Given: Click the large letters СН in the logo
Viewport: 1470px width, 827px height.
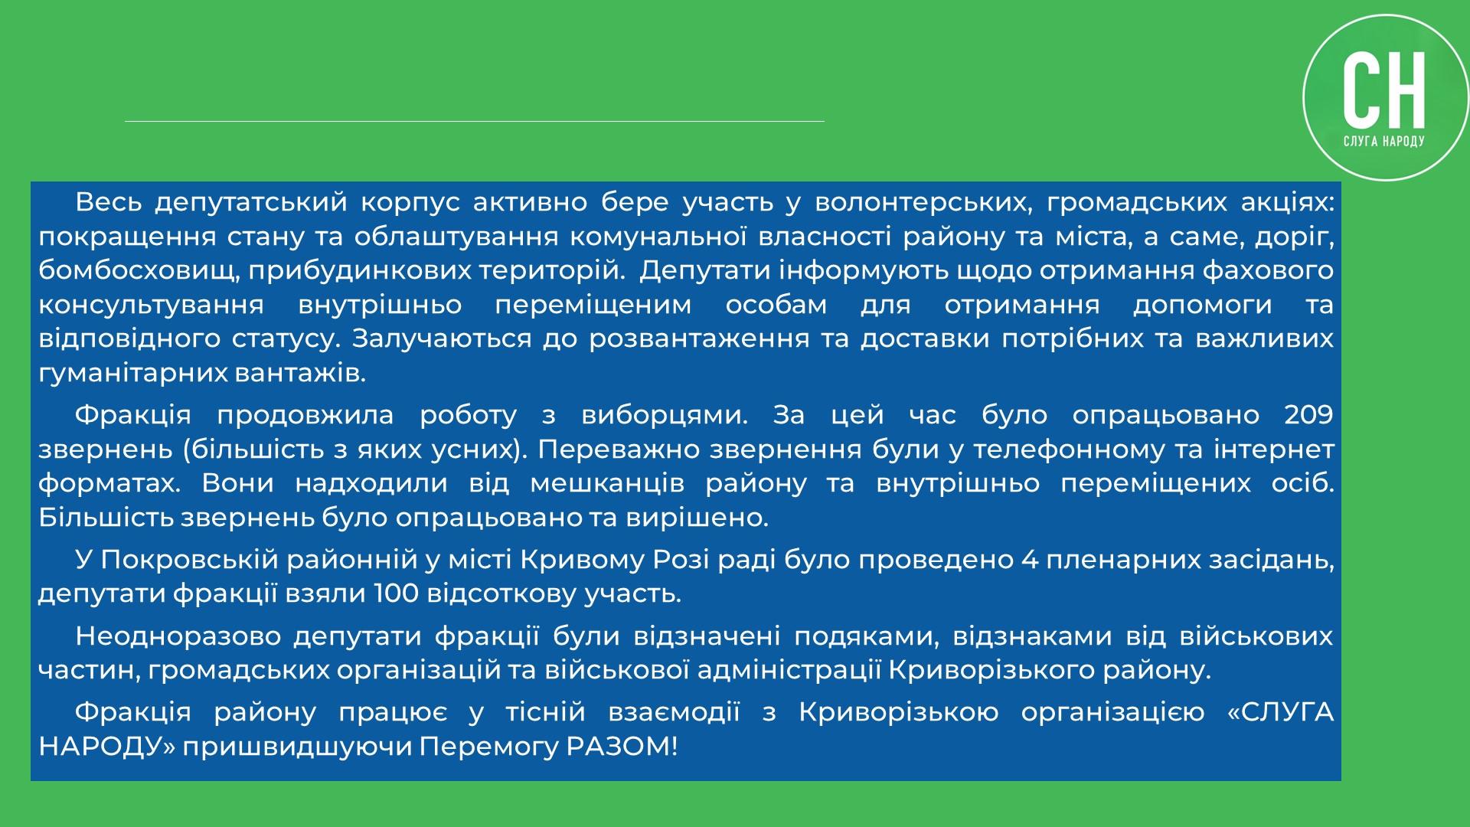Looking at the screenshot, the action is (1384, 90).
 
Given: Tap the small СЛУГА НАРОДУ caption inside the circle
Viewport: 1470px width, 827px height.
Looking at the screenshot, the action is (1384, 141).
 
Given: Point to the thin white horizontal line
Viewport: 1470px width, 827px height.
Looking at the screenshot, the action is (475, 121).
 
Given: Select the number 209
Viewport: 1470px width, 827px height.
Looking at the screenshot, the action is (1308, 415).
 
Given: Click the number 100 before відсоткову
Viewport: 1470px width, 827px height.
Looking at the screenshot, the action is (396, 593).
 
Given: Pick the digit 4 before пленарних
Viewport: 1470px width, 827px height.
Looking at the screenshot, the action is (1030, 560).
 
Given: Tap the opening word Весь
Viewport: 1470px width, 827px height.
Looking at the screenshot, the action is (108, 202).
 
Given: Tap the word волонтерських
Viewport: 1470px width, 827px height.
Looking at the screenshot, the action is (923, 203).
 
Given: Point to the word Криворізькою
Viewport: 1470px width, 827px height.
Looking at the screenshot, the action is (899, 713).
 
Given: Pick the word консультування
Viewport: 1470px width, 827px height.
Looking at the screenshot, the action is (152, 306).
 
